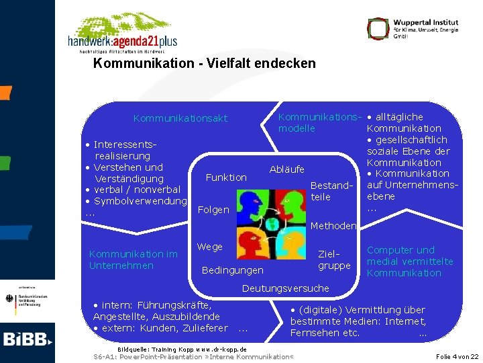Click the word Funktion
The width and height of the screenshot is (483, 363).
(226, 177)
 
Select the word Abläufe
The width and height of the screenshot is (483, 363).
(286, 169)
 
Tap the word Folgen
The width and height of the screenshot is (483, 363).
(214, 210)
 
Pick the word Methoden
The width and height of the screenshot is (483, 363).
(333, 226)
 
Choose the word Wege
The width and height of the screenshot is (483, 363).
(210, 247)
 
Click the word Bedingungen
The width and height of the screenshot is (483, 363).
(232, 270)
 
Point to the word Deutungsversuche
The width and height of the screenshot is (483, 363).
(285, 288)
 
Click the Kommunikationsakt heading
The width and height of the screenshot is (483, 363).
(180, 118)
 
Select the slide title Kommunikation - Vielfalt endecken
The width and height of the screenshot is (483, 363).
(204, 64)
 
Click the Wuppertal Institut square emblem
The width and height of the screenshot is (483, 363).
(378, 28)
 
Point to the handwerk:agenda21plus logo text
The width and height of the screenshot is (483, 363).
(122, 41)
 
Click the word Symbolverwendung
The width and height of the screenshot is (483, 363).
(140, 202)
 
